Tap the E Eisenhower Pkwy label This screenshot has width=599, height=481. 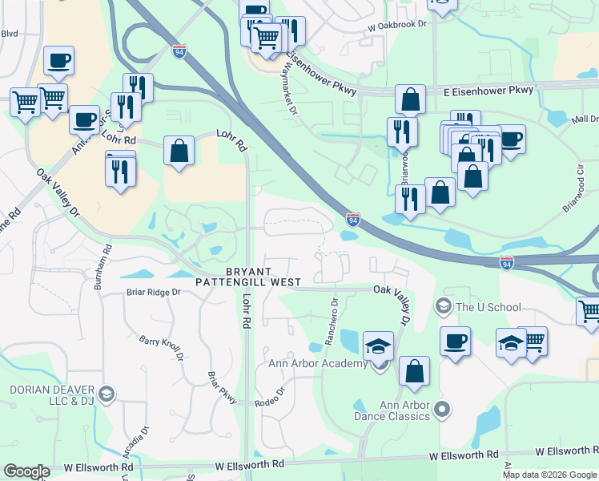pos(488,91)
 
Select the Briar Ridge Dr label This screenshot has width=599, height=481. pos(153,293)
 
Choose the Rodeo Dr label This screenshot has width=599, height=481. pos(270,398)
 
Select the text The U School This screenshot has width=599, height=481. pos(488,307)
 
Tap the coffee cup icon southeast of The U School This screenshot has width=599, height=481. pos(455,340)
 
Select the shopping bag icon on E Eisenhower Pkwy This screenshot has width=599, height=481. pos(410,99)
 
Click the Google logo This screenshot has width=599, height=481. pos(26,471)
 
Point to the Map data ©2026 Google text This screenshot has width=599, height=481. pos(549,475)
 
